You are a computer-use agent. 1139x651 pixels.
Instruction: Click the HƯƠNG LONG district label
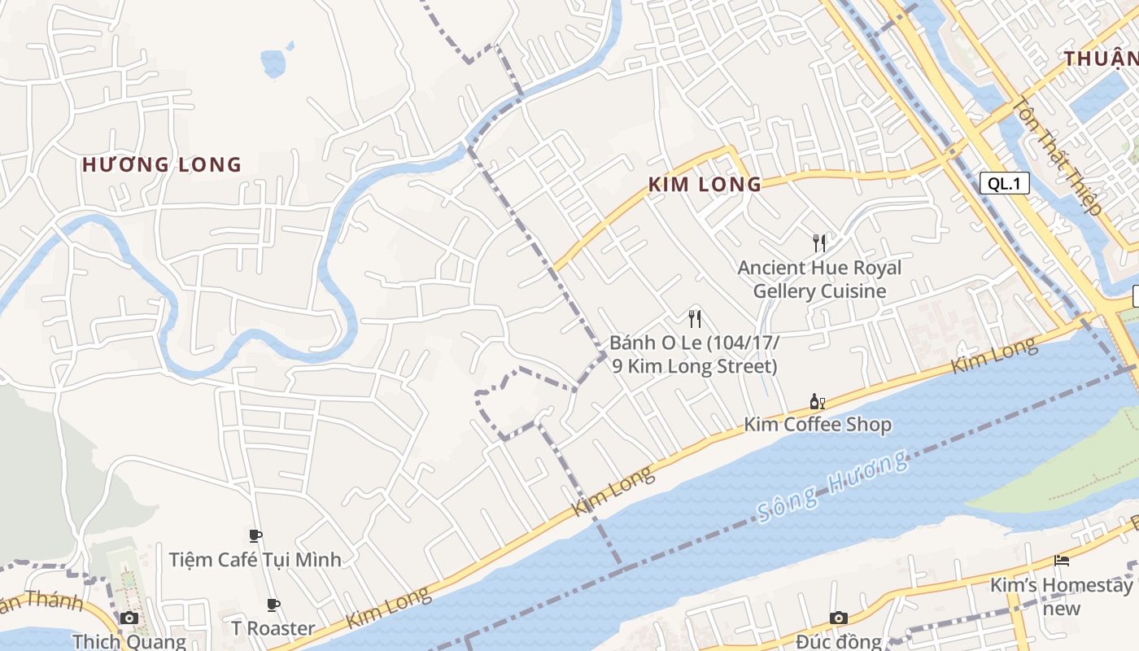(x=162, y=165)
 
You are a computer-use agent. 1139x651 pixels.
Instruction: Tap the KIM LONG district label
(x=705, y=185)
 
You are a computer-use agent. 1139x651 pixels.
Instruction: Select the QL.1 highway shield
(x=1004, y=183)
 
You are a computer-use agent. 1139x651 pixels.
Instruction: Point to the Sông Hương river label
(x=831, y=487)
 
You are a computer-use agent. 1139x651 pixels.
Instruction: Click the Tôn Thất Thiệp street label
(x=1057, y=156)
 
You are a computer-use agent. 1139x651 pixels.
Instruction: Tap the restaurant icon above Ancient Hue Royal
(x=819, y=242)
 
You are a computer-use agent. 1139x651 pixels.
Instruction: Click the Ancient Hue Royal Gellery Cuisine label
(x=819, y=279)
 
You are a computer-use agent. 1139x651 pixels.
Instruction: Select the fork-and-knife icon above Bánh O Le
(x=694, y=317)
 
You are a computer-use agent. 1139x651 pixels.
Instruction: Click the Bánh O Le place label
(x=694, y=354)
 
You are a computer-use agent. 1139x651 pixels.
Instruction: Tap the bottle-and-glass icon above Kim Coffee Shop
(x=818, y=401)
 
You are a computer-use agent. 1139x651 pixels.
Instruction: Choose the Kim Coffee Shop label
(x=818, y=425)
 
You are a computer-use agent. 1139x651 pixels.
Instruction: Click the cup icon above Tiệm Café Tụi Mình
(x=255, y=535)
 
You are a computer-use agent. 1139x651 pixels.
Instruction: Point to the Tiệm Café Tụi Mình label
(x=255, y=560)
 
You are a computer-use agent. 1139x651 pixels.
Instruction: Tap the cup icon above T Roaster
(x=273, y=605)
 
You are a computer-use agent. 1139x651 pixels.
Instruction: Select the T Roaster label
(x=273, y=628)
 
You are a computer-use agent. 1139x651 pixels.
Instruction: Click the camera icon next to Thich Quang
(x=129, y=618)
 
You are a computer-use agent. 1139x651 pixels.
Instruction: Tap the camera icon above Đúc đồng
(x=839, y=618)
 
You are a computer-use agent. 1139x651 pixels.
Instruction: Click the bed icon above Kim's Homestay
(x=1061, y=560)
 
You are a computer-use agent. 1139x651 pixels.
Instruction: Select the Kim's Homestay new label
(x=1061, y=596)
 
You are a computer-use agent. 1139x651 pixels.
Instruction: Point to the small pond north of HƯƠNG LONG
(x=273, y=62)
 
